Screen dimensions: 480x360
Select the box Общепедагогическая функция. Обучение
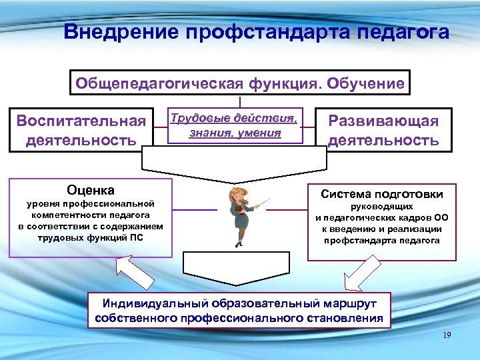click(x=239, y=84)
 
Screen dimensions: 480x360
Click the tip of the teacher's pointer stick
click(x=270, y=199)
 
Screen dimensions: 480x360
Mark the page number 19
click(x=447, y=335)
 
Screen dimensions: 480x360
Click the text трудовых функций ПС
click(x=91, y=237)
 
